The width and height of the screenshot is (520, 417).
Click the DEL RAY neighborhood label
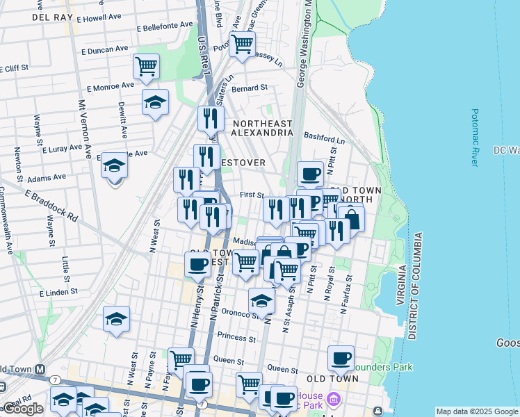[x=53, y=17]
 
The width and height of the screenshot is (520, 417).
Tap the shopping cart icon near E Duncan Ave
[x=146, y=67]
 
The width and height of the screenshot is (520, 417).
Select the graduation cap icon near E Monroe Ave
[x=155, y=104]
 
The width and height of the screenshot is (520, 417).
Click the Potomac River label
[x=475, y=137]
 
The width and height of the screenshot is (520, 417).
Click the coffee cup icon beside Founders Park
[x=341, y=358]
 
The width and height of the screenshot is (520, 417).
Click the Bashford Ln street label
[x=324, y=139]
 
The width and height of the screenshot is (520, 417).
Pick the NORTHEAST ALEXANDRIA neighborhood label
[x=262, y=127]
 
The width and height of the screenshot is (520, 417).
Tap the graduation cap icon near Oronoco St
[x=261, y=300]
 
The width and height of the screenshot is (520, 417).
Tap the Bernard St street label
[x=250, y=88]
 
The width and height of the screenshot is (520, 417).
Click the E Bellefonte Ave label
[x=165, y=26]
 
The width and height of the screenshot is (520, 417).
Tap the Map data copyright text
[x=476, y=411]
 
